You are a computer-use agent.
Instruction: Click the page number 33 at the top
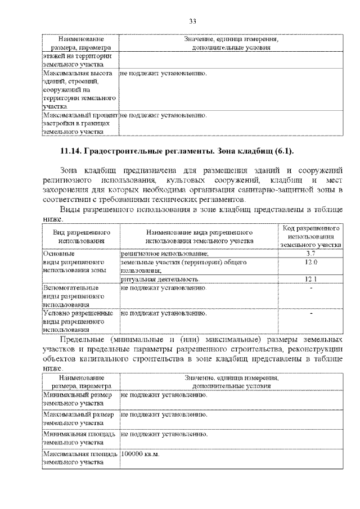point(192,21)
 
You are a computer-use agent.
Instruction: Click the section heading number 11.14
point(71,152)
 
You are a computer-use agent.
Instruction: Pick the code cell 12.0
point(310,262)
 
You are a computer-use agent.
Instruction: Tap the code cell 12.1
point(310,278)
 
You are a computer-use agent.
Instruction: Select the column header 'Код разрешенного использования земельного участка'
point(310,237)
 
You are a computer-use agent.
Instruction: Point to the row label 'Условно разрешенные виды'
point(79,321)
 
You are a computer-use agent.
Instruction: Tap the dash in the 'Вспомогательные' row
point(310,288)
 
